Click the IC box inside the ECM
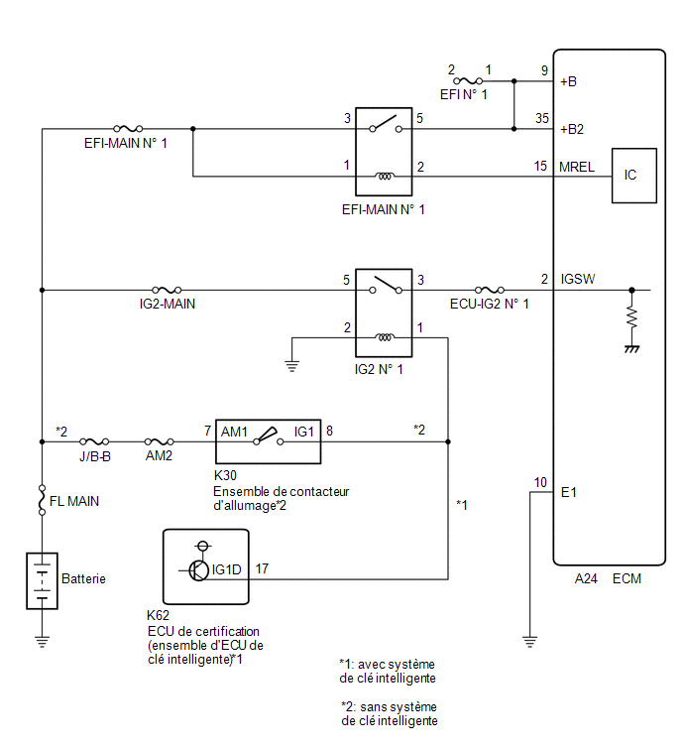coord(633,176)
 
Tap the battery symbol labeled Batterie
coord(42,580)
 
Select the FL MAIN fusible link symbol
coord(42,500)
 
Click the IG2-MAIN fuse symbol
coord(167,290)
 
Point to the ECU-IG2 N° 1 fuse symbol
coord(490,290)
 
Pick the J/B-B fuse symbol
coord(94,441)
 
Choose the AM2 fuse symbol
coord(159,441)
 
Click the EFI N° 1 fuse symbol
coord(468,80)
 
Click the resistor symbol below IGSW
coord(631,317)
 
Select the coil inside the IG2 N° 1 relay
coord(385,337)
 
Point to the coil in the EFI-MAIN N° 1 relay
coord(385,177)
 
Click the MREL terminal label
coord(577,167)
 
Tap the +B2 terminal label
coord(572,129)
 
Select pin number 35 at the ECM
coord(541,118)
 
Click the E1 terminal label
coord(568,492)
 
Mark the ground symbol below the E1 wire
coord(529,642)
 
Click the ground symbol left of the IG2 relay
coord(292,366)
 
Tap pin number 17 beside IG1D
coord(262,568)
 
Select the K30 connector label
coord(225,475)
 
